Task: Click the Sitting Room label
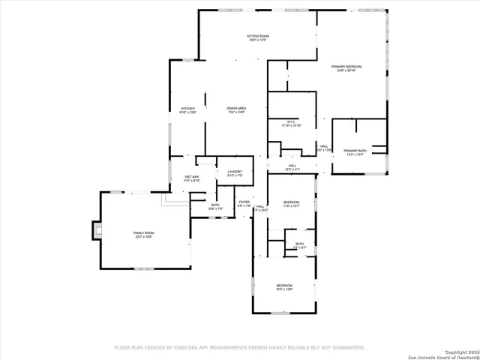(258, 36)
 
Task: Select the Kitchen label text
(187, 109)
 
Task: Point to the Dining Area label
(236, 109)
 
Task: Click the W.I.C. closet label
(291, 121)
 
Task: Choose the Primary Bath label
(355, 151)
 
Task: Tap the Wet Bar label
(191, 177)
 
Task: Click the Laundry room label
(234, 172)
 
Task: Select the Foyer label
(244, 202)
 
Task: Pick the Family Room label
(143, 233)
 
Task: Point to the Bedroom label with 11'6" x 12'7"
(291, 202)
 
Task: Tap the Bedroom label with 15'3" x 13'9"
(284, 285)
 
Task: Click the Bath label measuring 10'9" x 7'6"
(215, 205)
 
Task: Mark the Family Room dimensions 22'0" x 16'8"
(143, 237)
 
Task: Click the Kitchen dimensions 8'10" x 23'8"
(187, 113)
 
